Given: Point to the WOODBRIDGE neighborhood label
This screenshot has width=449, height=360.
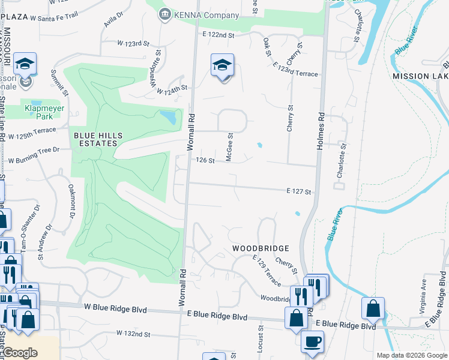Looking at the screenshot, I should (261, 248).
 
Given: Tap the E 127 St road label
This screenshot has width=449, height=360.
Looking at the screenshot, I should (299, 191).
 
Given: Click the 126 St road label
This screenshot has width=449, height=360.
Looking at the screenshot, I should (205, 160).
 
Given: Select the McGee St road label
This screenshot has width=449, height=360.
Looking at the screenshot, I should (229, 146).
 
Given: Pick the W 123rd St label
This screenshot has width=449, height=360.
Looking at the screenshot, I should (133, 44).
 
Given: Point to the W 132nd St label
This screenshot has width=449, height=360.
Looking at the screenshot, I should (133, 333).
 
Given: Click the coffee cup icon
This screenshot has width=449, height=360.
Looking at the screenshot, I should (312, 342).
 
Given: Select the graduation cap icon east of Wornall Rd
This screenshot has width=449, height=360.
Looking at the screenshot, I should (221, 66).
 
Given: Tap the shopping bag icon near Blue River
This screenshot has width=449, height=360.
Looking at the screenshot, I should (373, 308).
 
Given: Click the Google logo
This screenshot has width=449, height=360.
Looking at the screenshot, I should (20, 353).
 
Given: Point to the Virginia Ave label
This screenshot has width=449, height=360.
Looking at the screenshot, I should (423, 290).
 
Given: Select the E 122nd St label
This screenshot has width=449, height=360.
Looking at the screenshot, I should (218, 35).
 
